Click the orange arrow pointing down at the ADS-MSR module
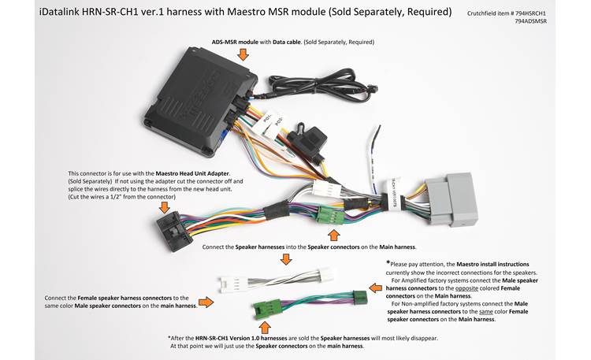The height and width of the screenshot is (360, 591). point(243,54)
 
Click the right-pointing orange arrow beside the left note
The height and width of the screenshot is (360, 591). point(207,302)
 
